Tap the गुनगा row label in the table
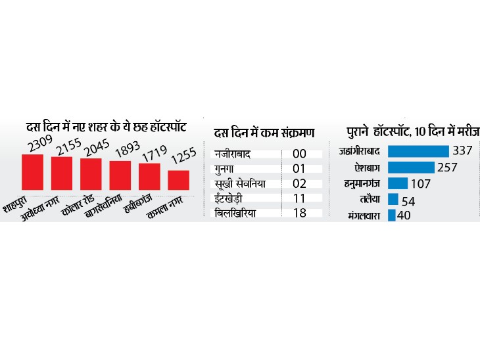[x=227, y=168]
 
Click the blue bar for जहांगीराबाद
[x=418, y=151]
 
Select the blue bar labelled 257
[x=411, y=167]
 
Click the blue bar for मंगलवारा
[x=392, y=215]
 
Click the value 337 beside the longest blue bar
[x=463, y=151]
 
